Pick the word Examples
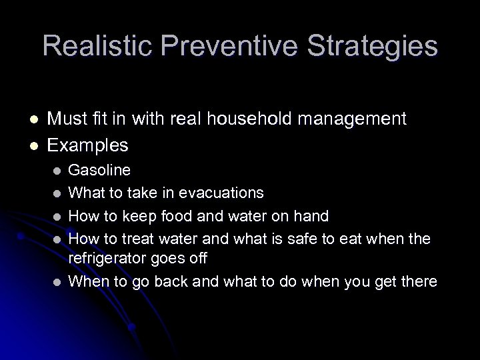click(x=89, y=144)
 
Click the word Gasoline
click(x=100, y=170)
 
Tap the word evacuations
click(x=221, y=193)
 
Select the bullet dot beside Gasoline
click(x=57, y=171)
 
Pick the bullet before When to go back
click(x=57, y=282)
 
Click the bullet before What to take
click(x=57, y=193)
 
